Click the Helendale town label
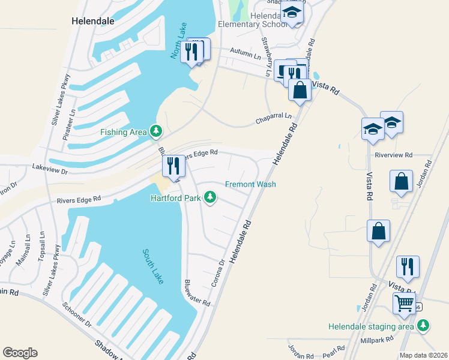[92, 20]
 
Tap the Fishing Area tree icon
[156, 130]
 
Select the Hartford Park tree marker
[210, 196]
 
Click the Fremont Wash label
[250, 184]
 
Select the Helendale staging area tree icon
[424, 325]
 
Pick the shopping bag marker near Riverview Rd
[401, 181]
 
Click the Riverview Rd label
[393, 154]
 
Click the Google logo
[19, 353]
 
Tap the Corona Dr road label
[217, 273]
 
